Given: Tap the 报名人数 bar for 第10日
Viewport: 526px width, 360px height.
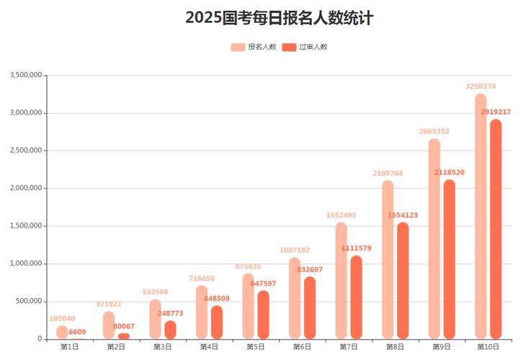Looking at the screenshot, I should (481, 216).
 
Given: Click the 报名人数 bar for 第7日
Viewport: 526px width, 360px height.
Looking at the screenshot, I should (342, 281).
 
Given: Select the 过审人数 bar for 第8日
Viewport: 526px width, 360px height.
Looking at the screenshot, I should (403, 281).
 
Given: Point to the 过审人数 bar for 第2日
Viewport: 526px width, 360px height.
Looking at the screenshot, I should (124, 336).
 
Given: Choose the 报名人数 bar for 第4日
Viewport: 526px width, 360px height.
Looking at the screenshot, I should (202, 312).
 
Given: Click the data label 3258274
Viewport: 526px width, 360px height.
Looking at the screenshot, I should (481, 86).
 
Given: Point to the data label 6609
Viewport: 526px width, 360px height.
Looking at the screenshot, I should (77, 332).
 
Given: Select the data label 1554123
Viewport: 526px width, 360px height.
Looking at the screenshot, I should (403, 215).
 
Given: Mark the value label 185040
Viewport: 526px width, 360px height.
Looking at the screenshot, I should (62, 318).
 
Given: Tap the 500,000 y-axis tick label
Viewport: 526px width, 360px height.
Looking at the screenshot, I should (29, 301).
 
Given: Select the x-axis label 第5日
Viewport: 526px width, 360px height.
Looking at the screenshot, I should (256, 347).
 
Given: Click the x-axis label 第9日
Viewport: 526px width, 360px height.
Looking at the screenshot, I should (442, 347).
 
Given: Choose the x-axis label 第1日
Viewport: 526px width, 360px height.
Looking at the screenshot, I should (70, 347).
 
